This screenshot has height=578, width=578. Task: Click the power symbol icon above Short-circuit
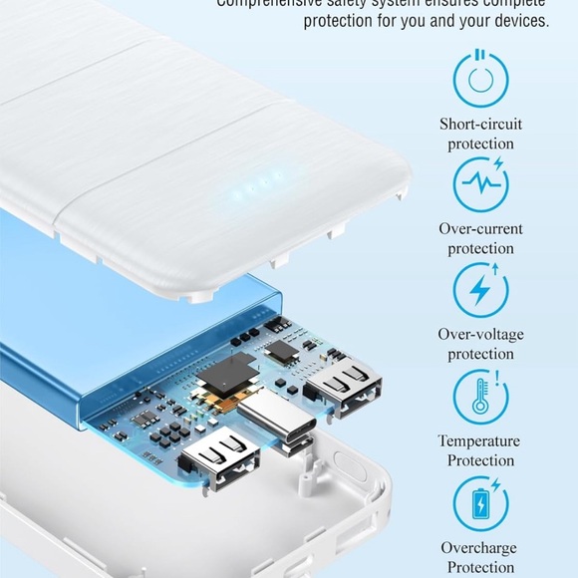point(480,78)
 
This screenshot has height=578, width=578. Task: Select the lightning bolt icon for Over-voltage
point(480,290)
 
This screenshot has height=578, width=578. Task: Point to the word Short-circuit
point(480,125)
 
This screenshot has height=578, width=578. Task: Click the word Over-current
point(480,229)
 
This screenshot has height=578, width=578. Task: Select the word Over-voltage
point(480,335)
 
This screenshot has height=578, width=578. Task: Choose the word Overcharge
point(480,547)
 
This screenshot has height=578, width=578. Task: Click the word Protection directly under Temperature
point(480,460)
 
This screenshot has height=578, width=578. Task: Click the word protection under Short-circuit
point(480,144)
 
